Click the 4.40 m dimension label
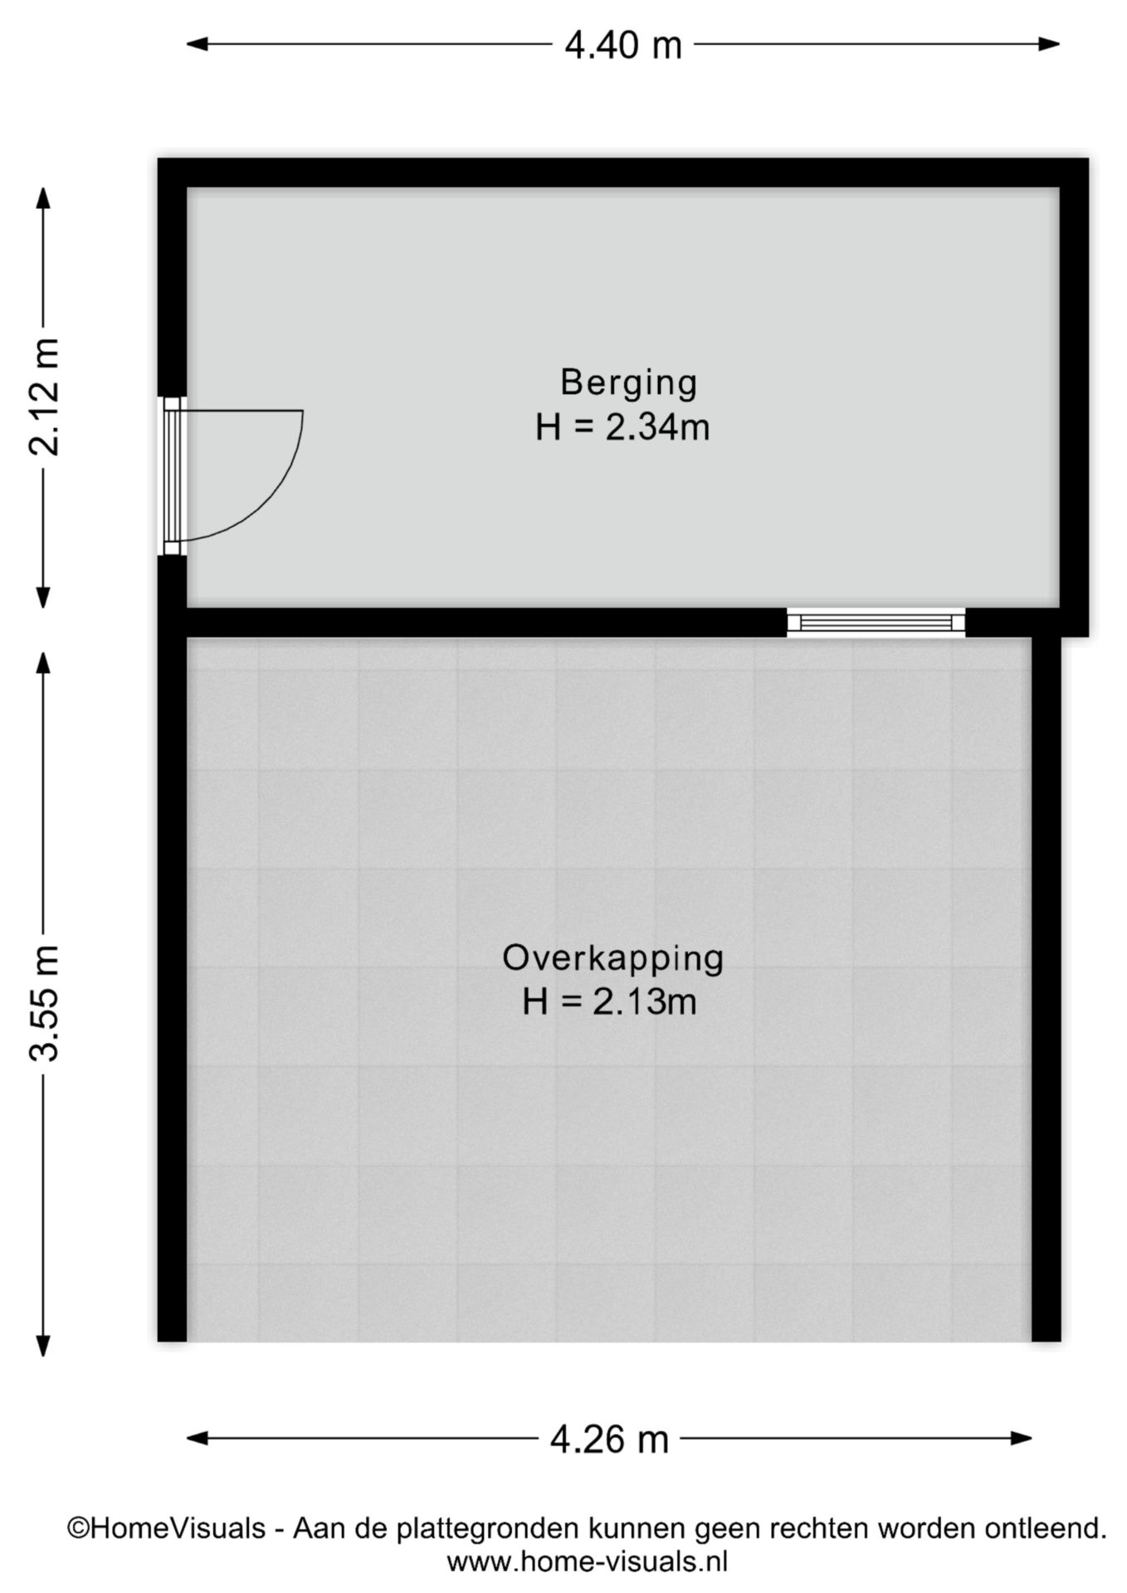[x=622, y=45]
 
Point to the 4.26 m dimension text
[x=609, y=1439]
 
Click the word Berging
[x=628, y=382]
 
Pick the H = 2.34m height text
[x=622, y=428]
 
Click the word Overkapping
[x=612, y=957]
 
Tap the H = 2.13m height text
[x=608, y=1002]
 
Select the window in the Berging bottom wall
[x=876, y=622]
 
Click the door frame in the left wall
[x=171, y=475]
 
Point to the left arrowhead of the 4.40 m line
[x=196, y=44]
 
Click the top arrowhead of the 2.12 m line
[x=44, y=197]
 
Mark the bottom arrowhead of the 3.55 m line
[x=44, y=1346]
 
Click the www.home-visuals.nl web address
[x=587, y=1562]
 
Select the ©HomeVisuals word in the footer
[x=166, y=1528]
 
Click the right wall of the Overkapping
[x=1046, y=987]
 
